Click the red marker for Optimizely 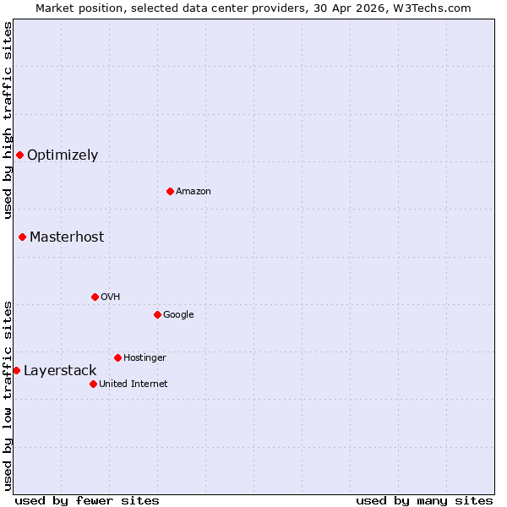(19, 155)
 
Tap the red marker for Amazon (170, 191)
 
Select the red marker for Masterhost (22, 237)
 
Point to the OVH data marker (95, 297)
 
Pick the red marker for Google (157, 314)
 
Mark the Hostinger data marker (117, 357)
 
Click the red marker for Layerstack (16, 370)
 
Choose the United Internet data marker (93, 384)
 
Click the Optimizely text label (63, 155)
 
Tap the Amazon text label (194, 191)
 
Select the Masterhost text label (67, 237)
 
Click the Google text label (178, 314)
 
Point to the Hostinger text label (144, 357)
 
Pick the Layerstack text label (60, 370)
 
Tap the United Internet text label (133, 384)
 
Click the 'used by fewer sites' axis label (87, 500)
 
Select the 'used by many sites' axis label (424, 500)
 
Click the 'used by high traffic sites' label (8, 120)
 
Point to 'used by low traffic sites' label (8, 395)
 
